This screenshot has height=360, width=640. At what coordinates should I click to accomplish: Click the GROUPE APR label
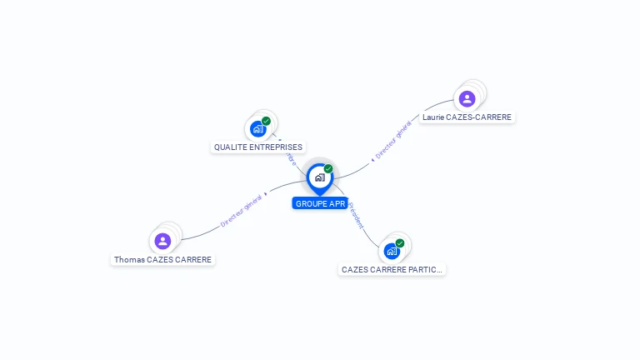click(320, 203)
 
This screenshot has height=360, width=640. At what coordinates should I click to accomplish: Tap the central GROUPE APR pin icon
click(319, 177)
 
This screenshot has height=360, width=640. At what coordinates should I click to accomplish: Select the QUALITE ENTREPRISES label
click(258, 147)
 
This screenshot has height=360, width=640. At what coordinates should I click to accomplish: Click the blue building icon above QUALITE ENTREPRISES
click(258, 129)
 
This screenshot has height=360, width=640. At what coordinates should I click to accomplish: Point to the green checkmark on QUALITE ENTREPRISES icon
click(266, 122)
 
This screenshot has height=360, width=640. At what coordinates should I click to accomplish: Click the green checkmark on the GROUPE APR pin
click(328, 169)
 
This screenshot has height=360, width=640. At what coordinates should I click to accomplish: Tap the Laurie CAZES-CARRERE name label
click(467, 117)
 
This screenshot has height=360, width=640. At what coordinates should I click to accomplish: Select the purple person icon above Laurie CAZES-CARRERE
click(467, 99)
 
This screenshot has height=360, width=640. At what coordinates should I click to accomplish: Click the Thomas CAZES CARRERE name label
click(162, 260)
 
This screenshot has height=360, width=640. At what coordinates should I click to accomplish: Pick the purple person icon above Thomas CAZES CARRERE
click(162, 241)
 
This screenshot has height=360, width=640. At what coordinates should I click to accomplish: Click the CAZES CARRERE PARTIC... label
click(392, 270)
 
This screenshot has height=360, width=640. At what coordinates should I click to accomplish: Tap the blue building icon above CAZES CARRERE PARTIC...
click(392, 251)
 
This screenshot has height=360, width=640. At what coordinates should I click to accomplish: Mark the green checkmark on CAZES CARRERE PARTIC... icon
click(400, 243)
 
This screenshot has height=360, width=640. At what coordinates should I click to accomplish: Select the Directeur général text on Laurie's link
click(392, 140)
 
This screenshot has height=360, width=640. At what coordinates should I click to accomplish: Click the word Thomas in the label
click(129, 260)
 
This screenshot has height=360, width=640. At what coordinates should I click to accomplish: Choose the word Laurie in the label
click(433, 117)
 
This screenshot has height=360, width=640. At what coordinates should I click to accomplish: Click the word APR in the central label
click(337, 203)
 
